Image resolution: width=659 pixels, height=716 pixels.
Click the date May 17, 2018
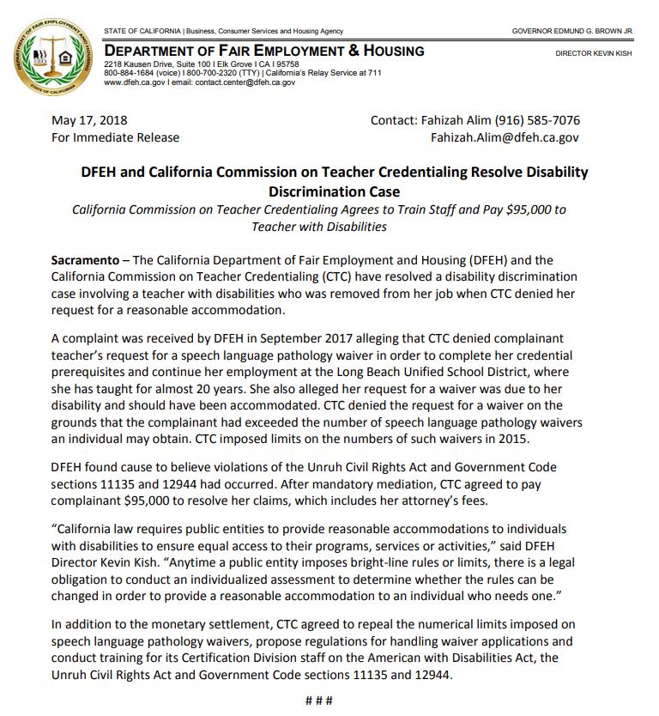[89, 121]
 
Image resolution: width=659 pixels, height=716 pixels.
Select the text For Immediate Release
[115, 137]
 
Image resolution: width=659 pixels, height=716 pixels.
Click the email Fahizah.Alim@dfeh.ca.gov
[505, 137]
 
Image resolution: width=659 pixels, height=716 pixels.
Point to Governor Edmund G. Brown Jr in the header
[571, 32]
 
